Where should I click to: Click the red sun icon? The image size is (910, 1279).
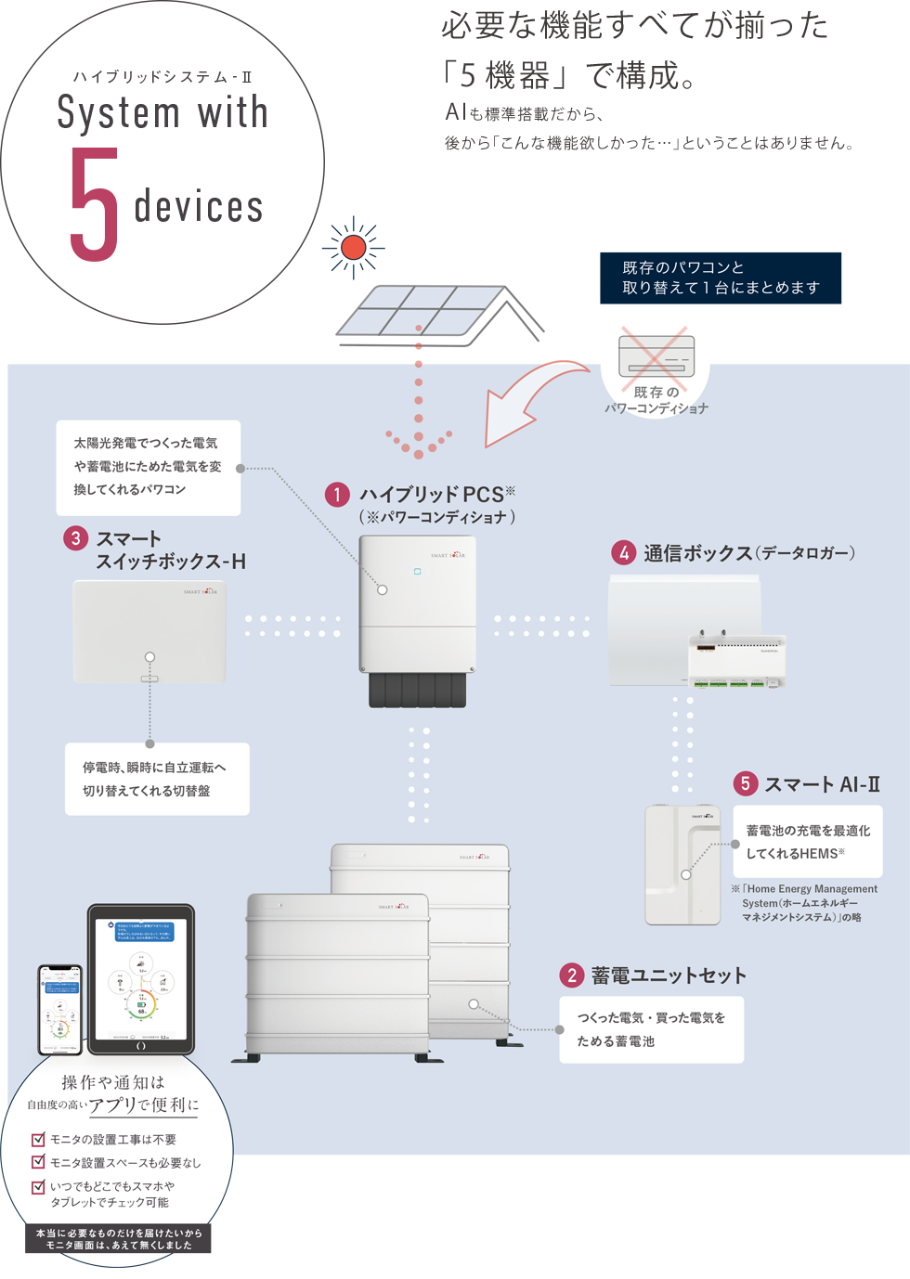353,248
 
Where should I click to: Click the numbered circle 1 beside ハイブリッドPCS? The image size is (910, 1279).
336,495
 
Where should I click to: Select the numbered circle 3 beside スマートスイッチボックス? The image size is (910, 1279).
75,538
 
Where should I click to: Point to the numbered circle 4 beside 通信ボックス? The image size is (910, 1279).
623,553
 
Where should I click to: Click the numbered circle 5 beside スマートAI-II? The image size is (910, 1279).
745,783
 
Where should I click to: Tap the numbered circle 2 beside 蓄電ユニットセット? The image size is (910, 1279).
571,975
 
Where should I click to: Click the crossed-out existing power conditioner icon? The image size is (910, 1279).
656,356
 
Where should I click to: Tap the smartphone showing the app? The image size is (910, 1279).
60,1010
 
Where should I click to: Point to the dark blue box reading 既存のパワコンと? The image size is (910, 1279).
721,278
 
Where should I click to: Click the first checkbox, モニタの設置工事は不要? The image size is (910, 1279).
39,1139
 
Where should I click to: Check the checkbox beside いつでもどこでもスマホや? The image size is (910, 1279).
39,1186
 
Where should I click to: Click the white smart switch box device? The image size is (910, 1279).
149,631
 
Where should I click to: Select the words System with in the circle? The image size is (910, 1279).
162,113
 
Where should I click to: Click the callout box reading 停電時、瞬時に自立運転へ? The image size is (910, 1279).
157,779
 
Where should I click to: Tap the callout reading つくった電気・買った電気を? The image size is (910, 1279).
651,1029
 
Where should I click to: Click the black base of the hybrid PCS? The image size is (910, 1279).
417,690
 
